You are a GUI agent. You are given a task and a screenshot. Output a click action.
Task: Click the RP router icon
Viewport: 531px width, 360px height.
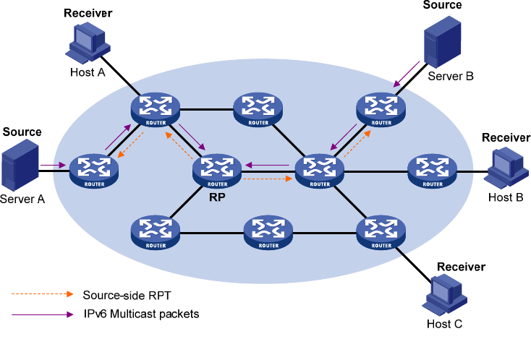point(216,170)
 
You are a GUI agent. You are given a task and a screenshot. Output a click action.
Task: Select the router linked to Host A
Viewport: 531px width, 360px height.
point(155,109)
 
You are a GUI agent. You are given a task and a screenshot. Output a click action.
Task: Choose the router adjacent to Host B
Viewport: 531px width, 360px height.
point(432,171)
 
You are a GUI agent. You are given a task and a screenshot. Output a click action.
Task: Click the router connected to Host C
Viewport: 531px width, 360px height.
point(380,232)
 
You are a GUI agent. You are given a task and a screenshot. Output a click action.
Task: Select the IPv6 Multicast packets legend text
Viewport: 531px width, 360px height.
point(140,314)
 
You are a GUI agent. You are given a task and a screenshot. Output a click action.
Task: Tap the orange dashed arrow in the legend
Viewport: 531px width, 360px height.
point(42,295)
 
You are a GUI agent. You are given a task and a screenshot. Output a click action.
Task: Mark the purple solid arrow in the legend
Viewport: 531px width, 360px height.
point(42,315)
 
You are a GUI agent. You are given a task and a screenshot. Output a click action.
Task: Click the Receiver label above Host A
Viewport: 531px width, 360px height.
point(88,13)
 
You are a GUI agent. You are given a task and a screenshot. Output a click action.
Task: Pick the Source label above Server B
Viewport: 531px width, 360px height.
point(441,6)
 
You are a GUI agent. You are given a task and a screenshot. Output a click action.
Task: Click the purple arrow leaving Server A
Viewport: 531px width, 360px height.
point(52,166)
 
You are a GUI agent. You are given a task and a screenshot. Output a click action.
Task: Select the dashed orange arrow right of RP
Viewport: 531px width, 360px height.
point(268,178)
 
